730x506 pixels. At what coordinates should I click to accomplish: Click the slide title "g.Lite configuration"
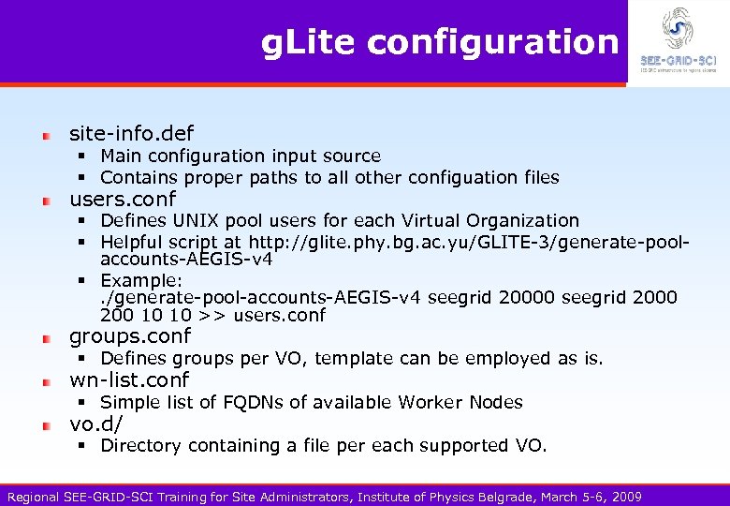(x=439, y=42)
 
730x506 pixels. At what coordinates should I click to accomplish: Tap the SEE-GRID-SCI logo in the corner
(x=679, y=42)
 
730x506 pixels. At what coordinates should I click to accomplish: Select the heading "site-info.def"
(x=132, y=133)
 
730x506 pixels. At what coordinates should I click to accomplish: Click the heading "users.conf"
(x=123, y=199)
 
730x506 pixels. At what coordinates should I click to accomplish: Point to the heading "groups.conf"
(x=130, y=335)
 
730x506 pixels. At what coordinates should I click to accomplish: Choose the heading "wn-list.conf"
(x=129, y=379)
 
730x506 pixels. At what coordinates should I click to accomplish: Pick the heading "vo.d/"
(x=96, y=424)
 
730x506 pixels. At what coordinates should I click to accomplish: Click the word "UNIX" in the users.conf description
(x=193, y=220)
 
